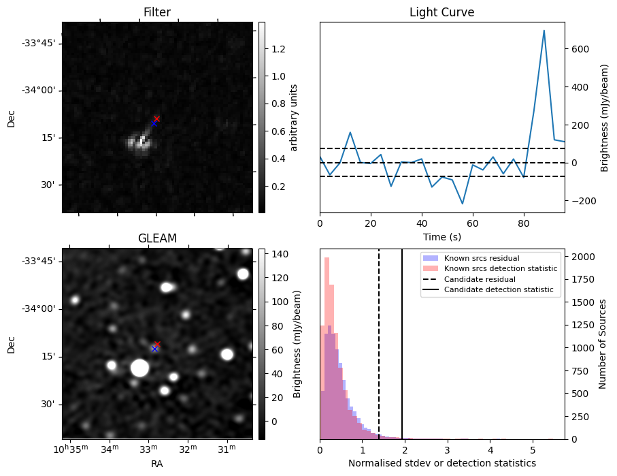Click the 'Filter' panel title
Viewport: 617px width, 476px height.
pyautogui.click(x=156, y=12)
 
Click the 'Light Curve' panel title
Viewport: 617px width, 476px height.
pyautogui.click(x=441, y=12)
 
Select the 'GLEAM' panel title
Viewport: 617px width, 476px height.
pyautogui.click(x=156, y=238)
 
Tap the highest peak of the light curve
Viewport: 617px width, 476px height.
pyautogui.click(x=544, y=31)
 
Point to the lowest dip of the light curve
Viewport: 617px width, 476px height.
pyautogui.click(x=463, y=204)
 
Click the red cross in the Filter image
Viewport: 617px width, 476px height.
pyautogui.click(x=156, y=118)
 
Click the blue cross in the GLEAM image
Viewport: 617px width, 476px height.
pyautogui.click(x=154, y=349)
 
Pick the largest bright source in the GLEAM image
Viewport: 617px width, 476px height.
pyautogui.click(x=139, y=368)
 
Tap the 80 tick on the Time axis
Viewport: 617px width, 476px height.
pyautogui.click(x=524, y=223)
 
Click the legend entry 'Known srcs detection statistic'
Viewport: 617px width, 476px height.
pyautogui.click(x=500, y=269)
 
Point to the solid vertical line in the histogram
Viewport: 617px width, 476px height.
pyautogui.click(x=402, y=368)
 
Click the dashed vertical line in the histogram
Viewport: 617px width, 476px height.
pyautogui.click(x=379, y=368)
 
